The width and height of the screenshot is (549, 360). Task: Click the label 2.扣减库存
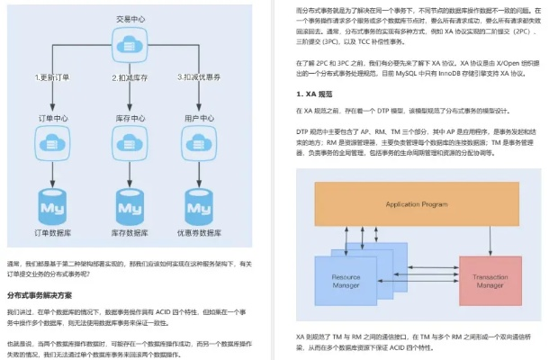pos(128,77)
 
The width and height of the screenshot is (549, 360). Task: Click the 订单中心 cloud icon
pos(52,139)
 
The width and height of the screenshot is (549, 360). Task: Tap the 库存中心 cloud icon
pos(130,139)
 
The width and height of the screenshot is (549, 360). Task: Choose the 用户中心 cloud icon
pos(200,139)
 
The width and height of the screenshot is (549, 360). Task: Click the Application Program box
pos(416,204)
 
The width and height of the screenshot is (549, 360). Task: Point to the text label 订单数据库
pos(53,234)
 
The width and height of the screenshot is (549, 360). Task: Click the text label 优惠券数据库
pos(201,234)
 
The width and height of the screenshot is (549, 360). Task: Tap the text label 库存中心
pos(130,118)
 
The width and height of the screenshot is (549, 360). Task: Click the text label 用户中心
pos(200,118)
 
